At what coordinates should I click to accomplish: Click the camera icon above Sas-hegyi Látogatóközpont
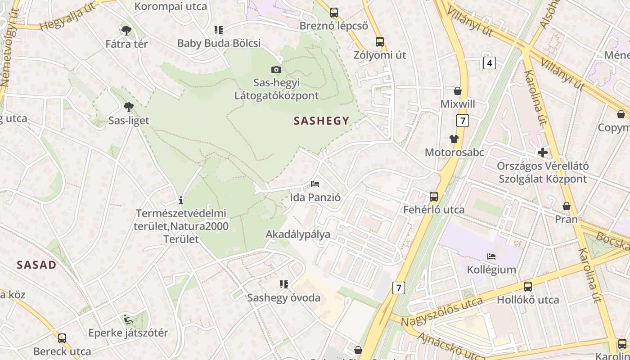(x=276, y=69)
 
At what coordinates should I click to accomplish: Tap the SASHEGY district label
(x=321, y=121)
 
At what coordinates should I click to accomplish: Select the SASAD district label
(x=36, y=265)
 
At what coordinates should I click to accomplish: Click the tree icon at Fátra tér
(x=126, y=31)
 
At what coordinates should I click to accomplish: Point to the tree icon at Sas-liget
(x=129, y=107)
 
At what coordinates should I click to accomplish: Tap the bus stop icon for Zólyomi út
(x=380, y=42)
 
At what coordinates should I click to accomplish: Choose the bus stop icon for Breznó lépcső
(x=333, y=13)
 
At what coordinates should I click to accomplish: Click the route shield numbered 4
(x=490, y=63)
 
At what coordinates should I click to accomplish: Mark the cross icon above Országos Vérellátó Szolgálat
(x=543, y=153)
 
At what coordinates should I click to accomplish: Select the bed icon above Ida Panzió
(x=315, y=184)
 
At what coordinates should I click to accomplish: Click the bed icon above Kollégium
(x=491, y=256)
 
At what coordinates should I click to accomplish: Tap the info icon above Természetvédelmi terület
(x=181, y=200)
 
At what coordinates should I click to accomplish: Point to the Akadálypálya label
(x=298, y=234)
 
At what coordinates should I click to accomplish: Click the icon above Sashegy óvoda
(x=283, y=284)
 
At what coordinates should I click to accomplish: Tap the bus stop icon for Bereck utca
(x=62, y=338)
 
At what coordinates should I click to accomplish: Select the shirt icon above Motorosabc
(x=454, y=139)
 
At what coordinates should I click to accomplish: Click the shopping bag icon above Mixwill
(x=458, y=91)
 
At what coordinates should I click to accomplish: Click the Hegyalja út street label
(x=68, y=16)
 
